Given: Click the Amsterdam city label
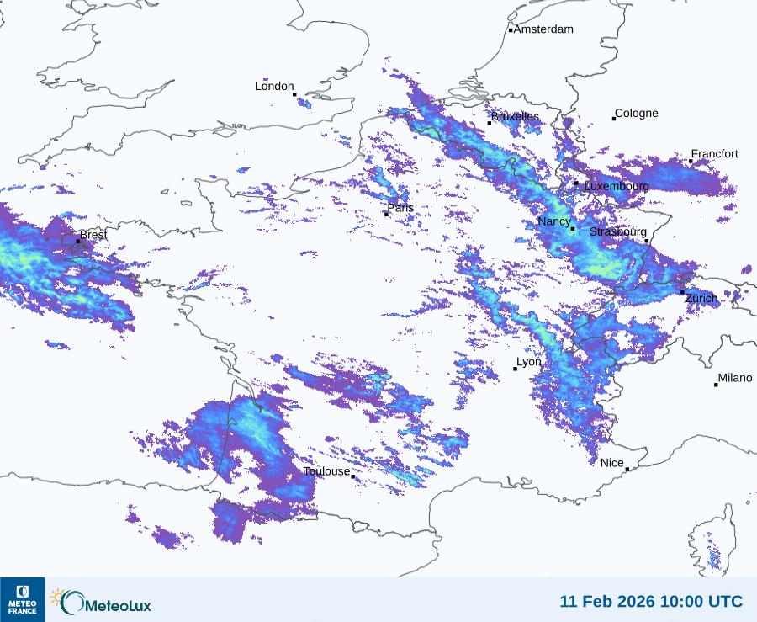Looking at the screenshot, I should click(x=543, y=29).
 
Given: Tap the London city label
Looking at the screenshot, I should click(x=274, y=87).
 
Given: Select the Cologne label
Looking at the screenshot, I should click(x=637, y=114).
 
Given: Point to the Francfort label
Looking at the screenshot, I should click(x=714, y=154).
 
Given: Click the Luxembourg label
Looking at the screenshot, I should click(x=617, y=186).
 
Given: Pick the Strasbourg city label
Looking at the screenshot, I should click(x=618, y=232).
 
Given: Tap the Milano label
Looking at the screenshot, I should click(x=735, y=379).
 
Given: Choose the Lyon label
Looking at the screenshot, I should click(x=529, y=363).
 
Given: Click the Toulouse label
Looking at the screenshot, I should click(x=326, y=472).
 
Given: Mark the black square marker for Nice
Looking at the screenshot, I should click(x=627, y=470).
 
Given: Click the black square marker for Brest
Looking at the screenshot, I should click(x=78, y=242).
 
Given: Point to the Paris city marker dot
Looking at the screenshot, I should click(x=386, y=214).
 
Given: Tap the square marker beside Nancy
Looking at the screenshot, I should click(x=573, y=229).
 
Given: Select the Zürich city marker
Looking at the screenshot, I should click(x=682, y=292).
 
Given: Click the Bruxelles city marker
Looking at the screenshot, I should click(x=490, y=123).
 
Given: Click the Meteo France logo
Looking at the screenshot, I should click(x=23, y=599).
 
